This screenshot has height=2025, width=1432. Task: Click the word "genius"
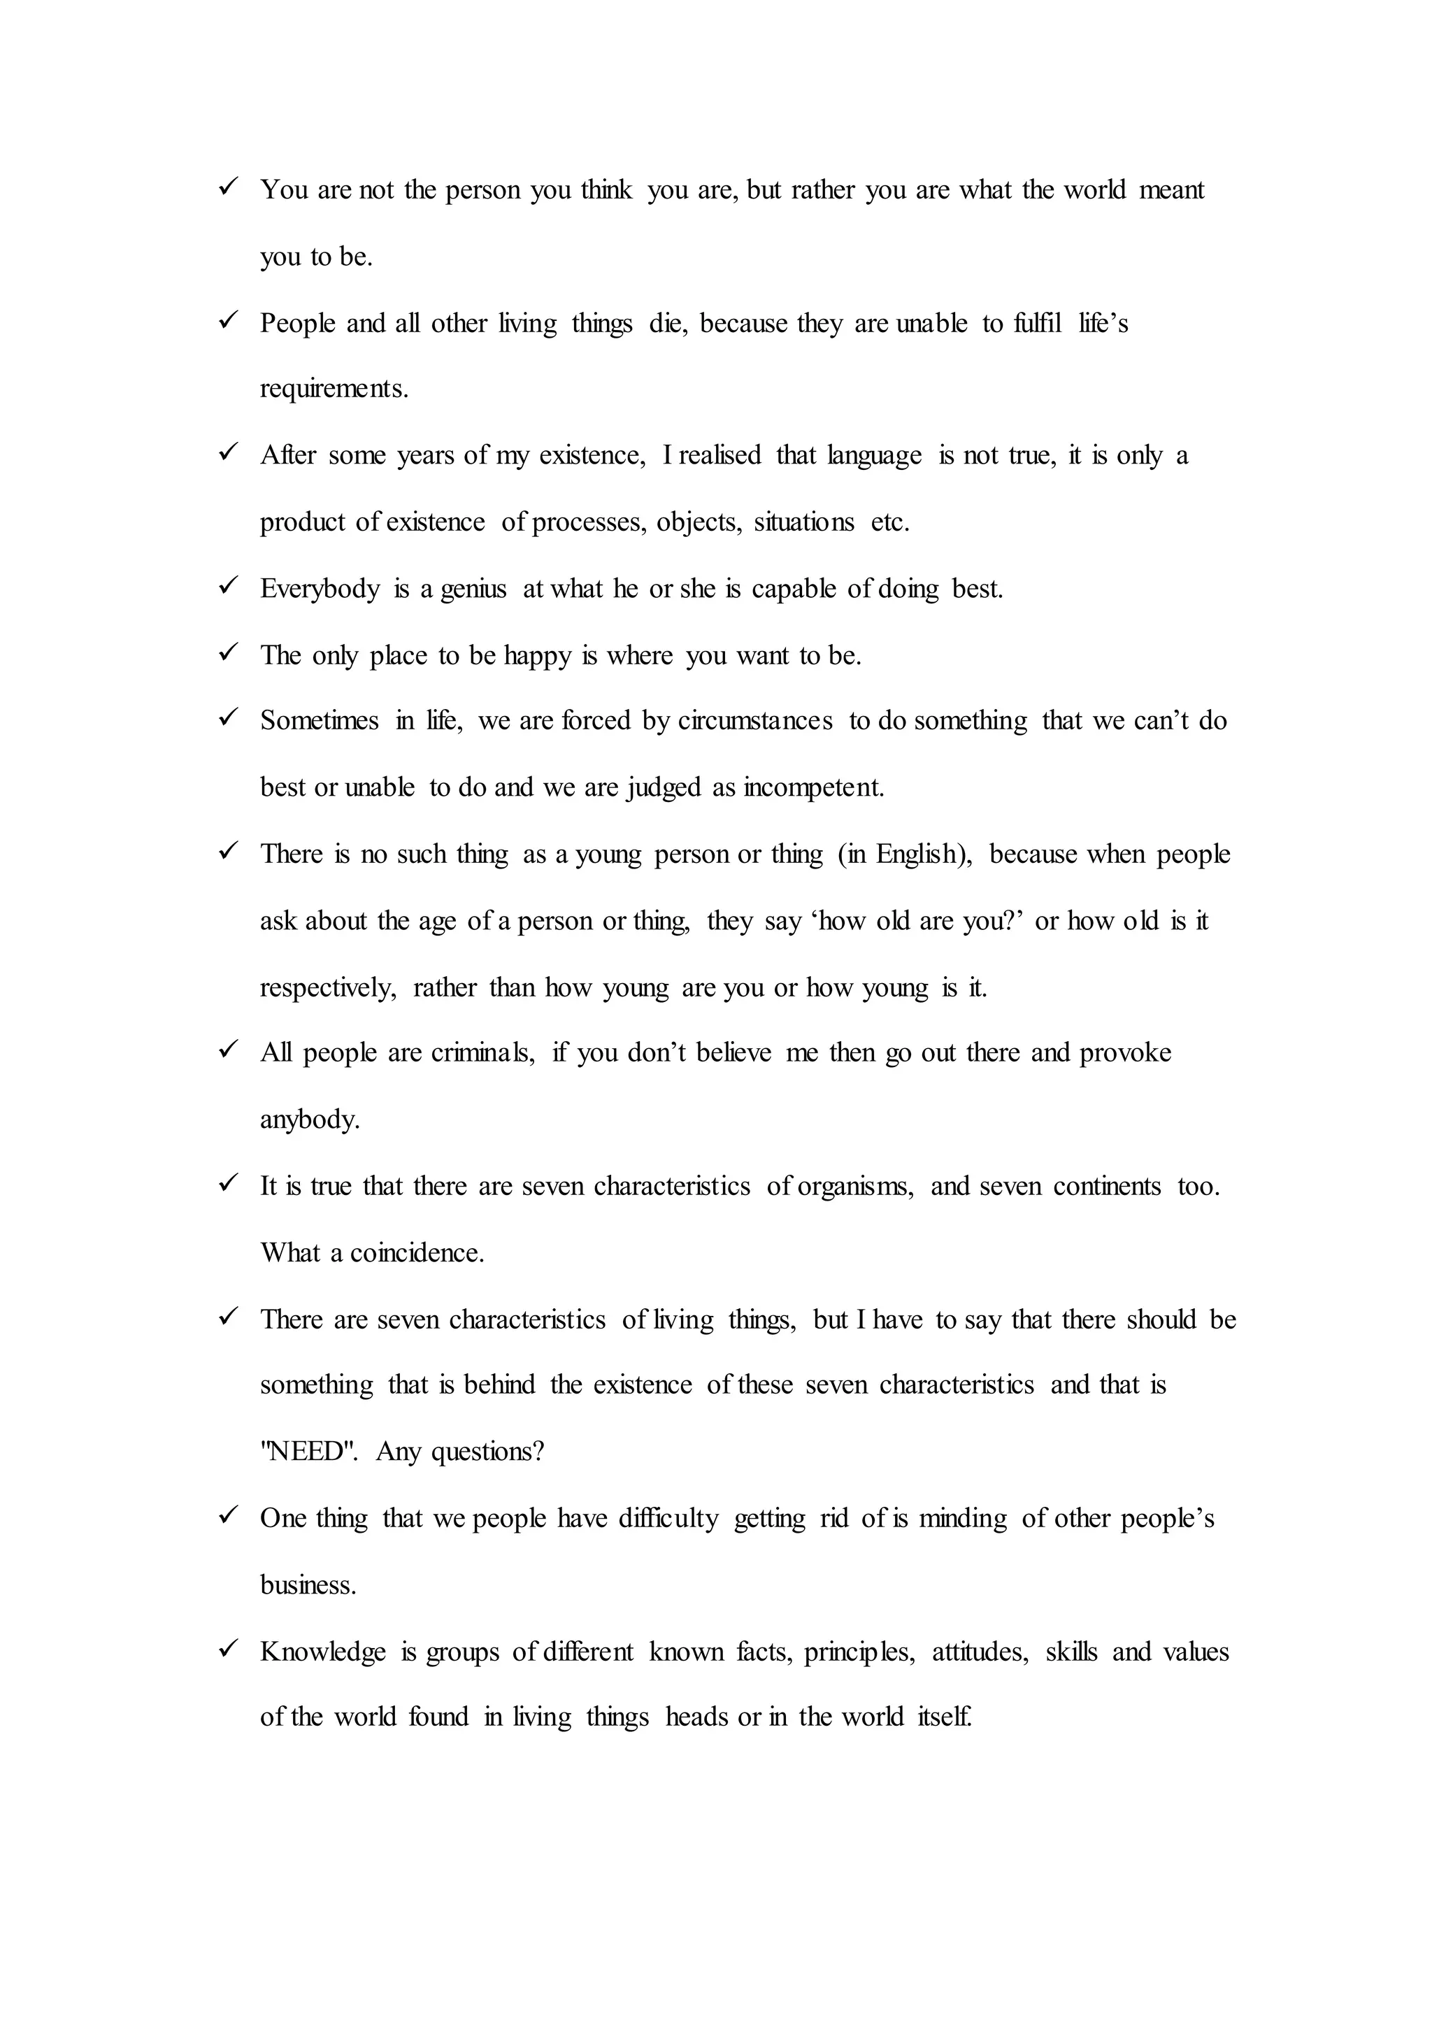pos(473,589)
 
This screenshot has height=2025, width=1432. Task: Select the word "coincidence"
pos(416,1252)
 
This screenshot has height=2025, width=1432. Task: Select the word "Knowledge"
pos(323,1652)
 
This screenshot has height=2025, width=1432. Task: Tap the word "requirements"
pos(334,389)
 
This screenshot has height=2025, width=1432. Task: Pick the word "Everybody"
pos(320,589)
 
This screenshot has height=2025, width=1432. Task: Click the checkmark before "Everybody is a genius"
pos(229,585)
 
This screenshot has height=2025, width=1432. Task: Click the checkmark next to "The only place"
pos(229,652)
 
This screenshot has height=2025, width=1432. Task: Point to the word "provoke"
pos(1125,1053)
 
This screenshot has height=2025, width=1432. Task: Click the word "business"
pos(308,1585)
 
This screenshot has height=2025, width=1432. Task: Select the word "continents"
pos(1107,1186)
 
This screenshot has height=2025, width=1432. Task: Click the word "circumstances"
pos(754,722)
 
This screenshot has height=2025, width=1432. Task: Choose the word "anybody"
pos(310,1120)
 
